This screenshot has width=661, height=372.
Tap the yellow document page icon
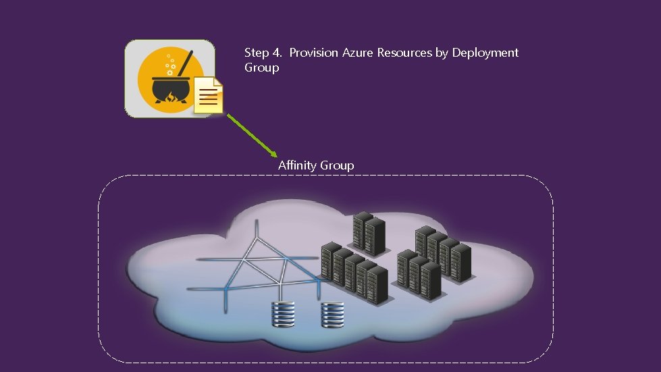point(209,95)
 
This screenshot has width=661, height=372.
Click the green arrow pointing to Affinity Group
point(251,135)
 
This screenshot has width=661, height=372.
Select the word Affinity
point(297,165)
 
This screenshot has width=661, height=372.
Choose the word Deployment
point(485,53)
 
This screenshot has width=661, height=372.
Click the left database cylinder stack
point(283,314)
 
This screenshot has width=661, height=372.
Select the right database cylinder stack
point(332,314)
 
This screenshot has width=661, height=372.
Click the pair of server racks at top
point(369,234)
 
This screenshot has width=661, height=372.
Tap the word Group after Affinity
point(337,165)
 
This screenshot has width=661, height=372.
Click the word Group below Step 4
point(261,68)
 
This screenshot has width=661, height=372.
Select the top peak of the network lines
point(257,223)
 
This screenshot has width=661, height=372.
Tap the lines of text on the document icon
point(209,100)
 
